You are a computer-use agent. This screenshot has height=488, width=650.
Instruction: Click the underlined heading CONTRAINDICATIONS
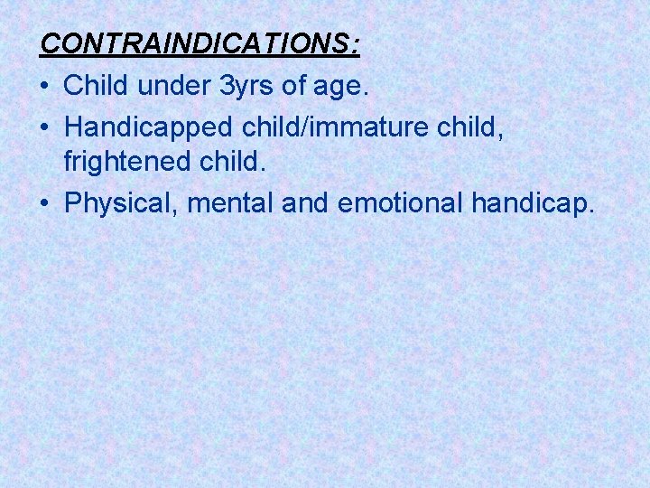pos(198,44)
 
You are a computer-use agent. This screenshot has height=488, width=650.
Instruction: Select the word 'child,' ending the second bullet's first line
pos(473,127)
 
